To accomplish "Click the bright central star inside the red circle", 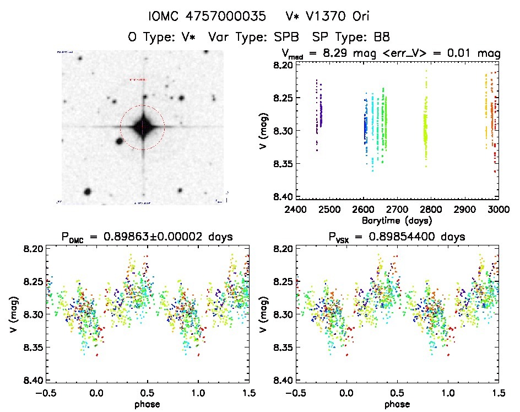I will tap(143, 127).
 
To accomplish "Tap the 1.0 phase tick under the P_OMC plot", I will tap(198, 392).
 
